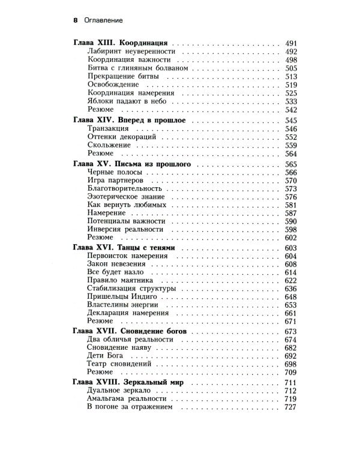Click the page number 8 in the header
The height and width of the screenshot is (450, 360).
pos(75,20)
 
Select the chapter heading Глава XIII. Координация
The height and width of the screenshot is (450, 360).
pos(119,44)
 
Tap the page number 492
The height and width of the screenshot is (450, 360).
pos(291,52)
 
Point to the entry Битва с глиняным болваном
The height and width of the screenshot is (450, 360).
pos(138,68)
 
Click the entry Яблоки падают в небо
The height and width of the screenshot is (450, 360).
pos(125,102)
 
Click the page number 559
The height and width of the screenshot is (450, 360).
pos(291,146)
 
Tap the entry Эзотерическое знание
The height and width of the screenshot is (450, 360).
pos(126,197)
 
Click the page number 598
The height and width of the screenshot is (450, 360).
pos(291,230)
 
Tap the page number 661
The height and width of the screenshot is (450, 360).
pos(291,313)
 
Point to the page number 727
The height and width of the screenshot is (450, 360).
pos(291,407)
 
